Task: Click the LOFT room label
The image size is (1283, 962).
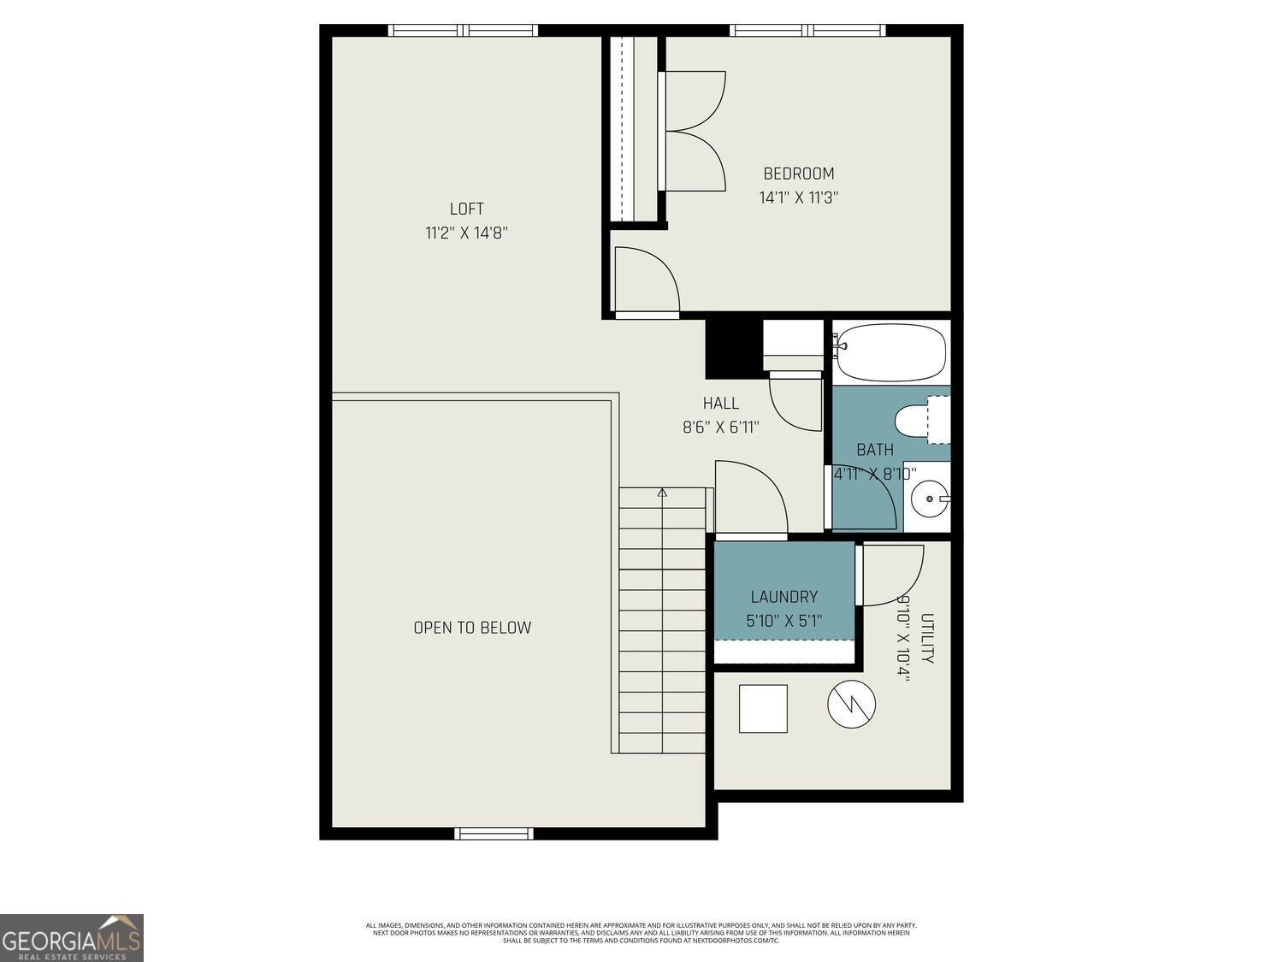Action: click(466, 209)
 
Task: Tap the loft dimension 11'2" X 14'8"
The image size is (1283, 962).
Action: click(466, 233)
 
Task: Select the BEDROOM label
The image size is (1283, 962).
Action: click(798, 174)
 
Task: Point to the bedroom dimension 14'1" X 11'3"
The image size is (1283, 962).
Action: click(798, 198)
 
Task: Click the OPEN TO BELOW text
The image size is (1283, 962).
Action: click(472, 628)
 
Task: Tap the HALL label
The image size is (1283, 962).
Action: click(720, 403)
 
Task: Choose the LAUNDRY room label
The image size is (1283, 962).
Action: click(783, 597)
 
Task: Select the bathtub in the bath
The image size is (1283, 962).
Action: click(890, 352)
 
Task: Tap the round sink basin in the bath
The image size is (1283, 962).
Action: click(928, 498)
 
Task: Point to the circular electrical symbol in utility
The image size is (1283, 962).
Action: click(851, 705)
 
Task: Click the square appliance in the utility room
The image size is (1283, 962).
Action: click(762, 709)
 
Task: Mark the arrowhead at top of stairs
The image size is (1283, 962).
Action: click(662, 493)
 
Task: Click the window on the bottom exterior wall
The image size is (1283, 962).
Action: click(494, 833)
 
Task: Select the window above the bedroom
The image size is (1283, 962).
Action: click(807, 31)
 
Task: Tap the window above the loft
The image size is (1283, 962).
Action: click(463, 31)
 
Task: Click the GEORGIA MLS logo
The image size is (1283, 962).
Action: click(72, 938)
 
